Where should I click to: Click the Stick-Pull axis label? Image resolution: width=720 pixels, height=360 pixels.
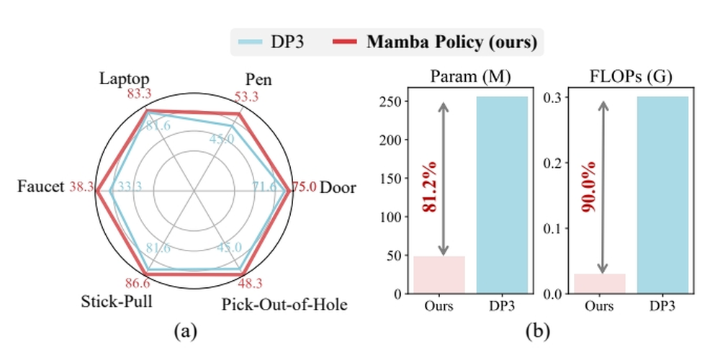(x=117, y=302)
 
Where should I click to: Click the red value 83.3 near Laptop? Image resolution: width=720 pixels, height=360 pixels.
(x=141, y=94)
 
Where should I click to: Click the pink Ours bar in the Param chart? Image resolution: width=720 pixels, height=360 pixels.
(x=439, y=274)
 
